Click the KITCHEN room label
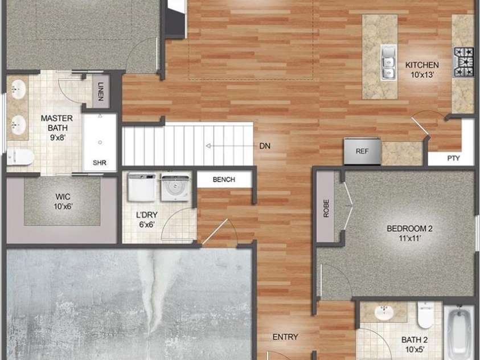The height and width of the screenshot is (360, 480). coord(422,65)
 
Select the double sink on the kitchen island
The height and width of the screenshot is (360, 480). coord(388,63)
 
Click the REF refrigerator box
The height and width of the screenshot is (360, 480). coord(362,151)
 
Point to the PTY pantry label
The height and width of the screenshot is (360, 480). coord(454,158)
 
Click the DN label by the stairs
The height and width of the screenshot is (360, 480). coord(265,146)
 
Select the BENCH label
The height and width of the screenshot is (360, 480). coord(224,179)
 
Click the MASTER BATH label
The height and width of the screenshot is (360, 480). coord(57,123)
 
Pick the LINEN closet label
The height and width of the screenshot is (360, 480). coord(101,92)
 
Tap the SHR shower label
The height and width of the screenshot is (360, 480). coord(100,162)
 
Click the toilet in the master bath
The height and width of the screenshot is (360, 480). coord(20,157)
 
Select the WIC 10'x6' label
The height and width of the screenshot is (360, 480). coord(63,202)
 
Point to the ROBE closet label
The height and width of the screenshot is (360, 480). coord(326,208)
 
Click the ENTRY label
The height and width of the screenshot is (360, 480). coord(285,337)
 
